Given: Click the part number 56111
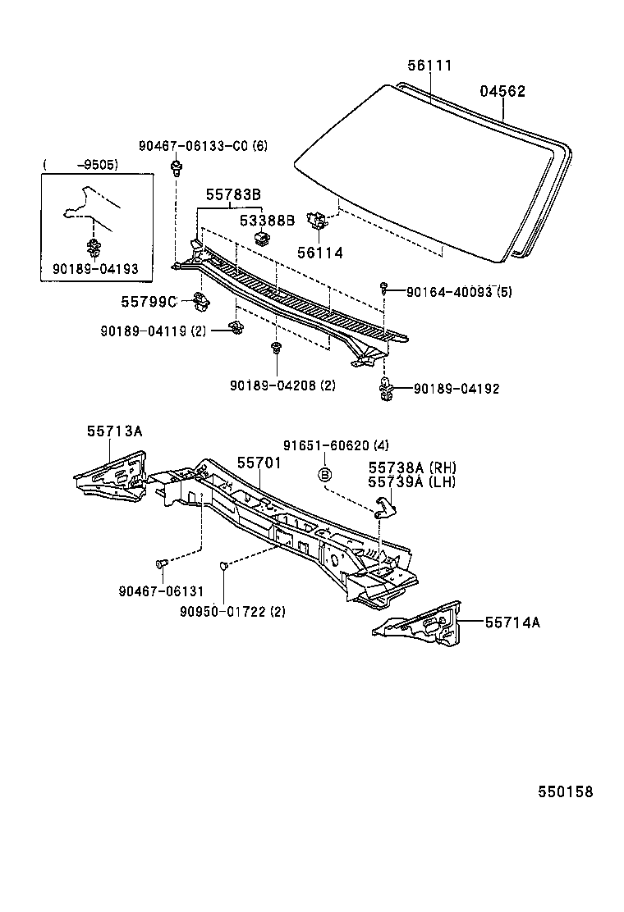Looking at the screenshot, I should point(429,66).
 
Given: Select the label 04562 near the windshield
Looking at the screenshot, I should point(502,92).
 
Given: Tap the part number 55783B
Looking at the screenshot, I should point(233,194).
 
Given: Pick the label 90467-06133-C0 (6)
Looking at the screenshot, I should point(203,146).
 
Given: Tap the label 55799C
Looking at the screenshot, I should point(149,302).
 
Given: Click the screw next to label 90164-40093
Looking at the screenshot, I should point(384,287).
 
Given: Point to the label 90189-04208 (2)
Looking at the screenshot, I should point(282,385).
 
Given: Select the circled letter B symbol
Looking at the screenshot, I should point(325,474).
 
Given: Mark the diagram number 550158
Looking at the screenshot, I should point(565,791).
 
